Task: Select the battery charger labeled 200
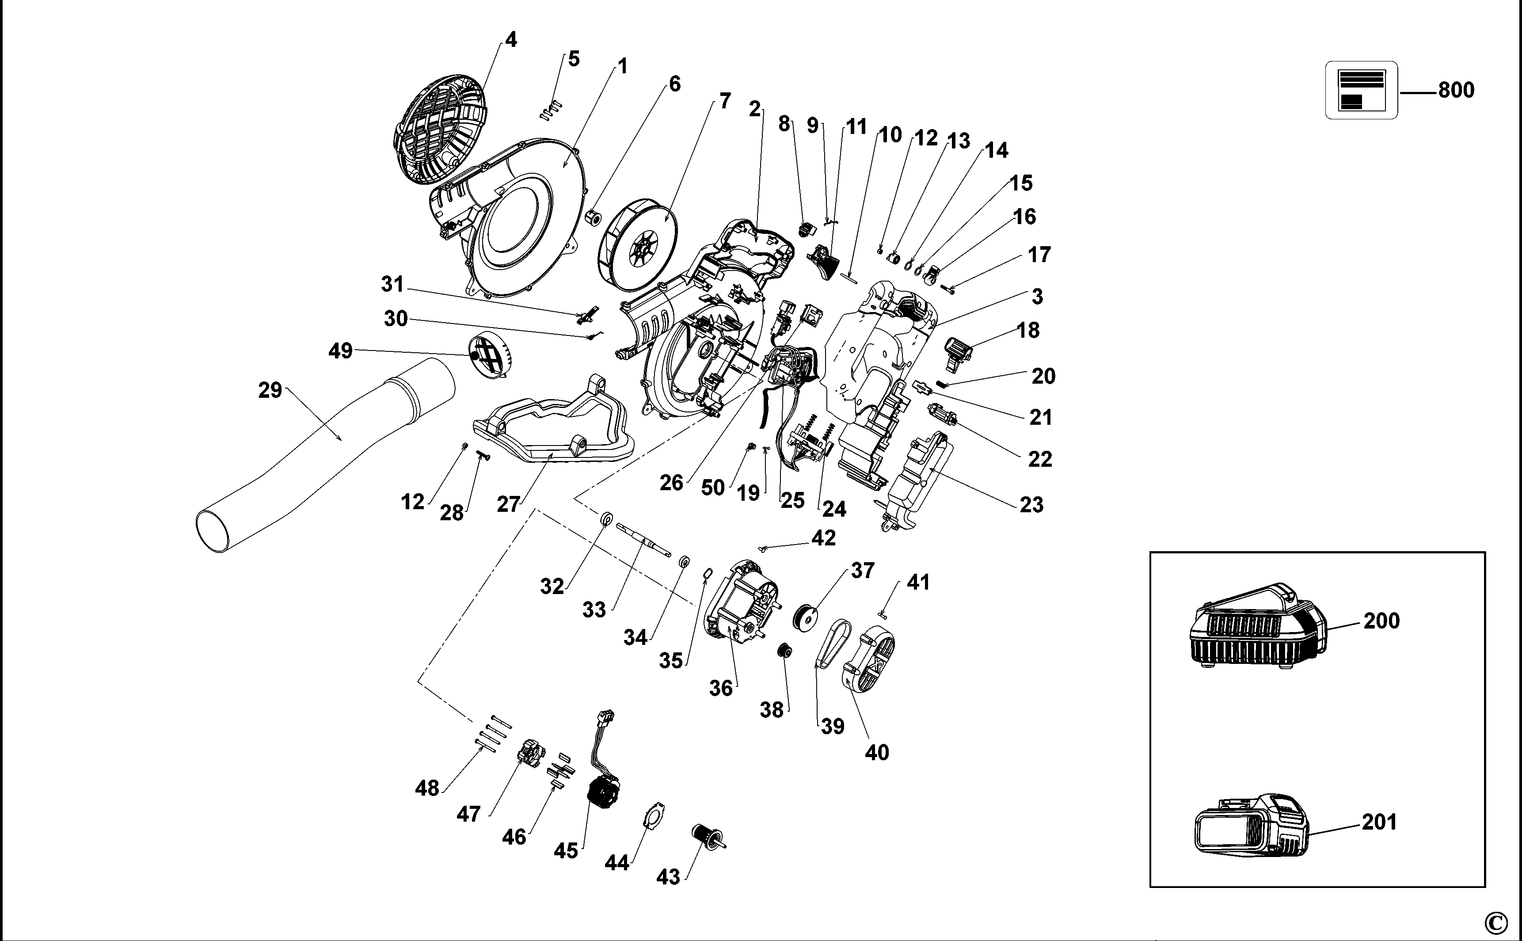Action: click(x=1257, y=629)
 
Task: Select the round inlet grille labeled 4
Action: click(x=441, y=131)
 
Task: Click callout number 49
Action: click(x=340, y=351)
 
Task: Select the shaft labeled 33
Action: click(x=644, y=539)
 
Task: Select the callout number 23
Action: click(x=1031, y=505)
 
